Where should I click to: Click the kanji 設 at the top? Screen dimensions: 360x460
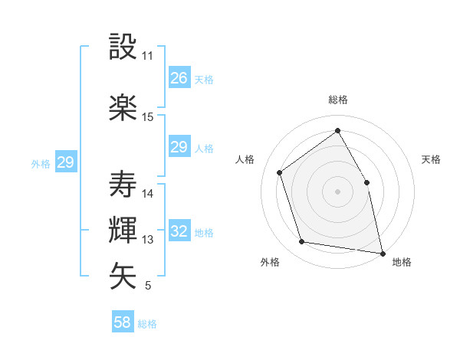(x=123, y=47)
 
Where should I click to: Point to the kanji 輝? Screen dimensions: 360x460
(x=123, y=231)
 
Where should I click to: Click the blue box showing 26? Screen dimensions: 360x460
(x=179, y=78)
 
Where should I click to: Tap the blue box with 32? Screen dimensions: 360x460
(x=179, y=231)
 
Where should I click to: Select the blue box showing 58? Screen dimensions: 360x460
(x=123, y=322)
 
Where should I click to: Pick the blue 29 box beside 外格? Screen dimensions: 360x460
(x=65, y=162)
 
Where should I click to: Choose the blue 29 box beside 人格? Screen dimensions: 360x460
(x=179, y=147)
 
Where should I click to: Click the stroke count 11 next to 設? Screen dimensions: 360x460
(x=148, y=56)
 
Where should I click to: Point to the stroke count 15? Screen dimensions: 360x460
(x=148, y=117)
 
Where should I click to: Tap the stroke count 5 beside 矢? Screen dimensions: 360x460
(x=148, y=286)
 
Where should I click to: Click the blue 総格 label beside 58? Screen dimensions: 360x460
(x=147, y=324)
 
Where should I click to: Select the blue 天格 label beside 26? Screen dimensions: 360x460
(x=203, y=79)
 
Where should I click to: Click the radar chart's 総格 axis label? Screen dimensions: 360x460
(x=338, y=100)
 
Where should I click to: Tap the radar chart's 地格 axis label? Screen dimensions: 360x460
(x=402, y=262)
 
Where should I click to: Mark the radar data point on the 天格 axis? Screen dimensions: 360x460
(x=366, y=182)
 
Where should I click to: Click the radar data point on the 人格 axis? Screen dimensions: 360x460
(x=280, y=172)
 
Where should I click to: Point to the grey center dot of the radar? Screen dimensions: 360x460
(x=338, y=191)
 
